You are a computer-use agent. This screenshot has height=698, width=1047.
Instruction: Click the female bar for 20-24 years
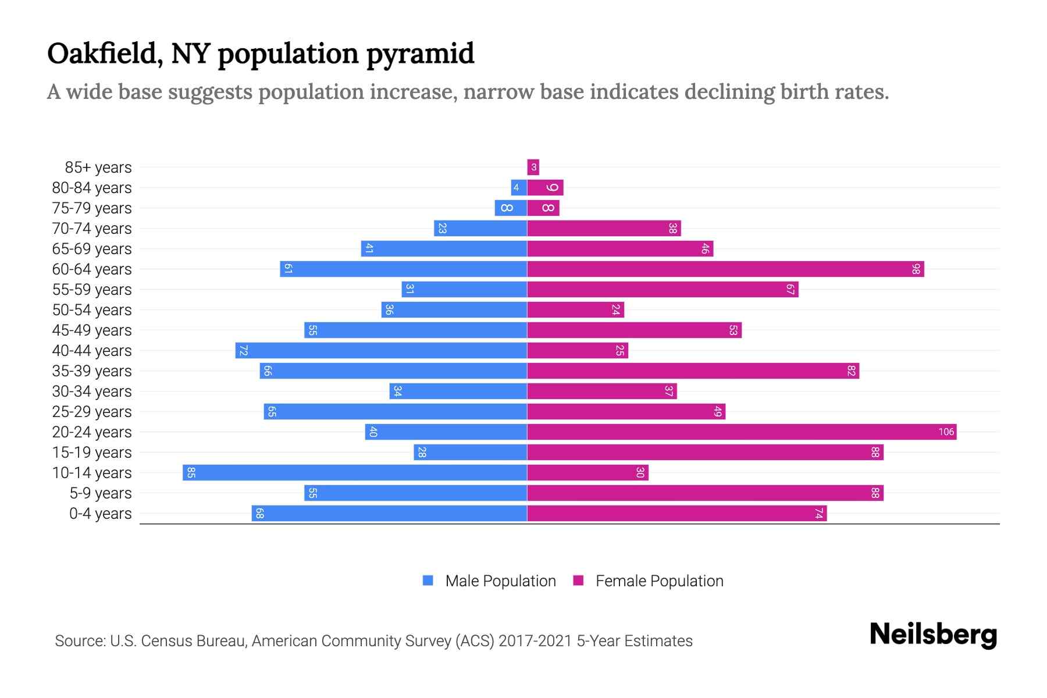pyautogui.click(x=742, y=432)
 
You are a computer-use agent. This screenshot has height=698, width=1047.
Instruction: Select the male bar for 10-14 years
pyautogui.click(x=355, y=472)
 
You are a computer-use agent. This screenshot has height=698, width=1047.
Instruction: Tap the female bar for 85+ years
pyautogui.click(x=533, y=168)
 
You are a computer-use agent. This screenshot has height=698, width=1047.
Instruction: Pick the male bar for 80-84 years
pyautogui.click(x=519, y=188)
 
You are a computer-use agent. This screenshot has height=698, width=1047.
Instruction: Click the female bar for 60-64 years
pyautogui.click(x=725, y=269)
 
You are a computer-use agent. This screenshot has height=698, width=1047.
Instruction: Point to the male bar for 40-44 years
pyautogui.click(x=381, y=351)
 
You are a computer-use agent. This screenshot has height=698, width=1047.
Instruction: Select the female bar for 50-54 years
pyautogui.click(x=575, y=310)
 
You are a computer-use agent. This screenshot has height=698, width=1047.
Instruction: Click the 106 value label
pyautogui.click(x=946, y=432)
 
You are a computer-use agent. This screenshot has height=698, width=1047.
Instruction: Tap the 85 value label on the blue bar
pyautogui.click(x=191, y=472)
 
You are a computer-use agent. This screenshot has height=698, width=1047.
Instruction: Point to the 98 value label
pyautogui.click(x=916, y=269)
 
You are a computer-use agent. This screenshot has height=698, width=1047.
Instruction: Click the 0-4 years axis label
pyautogui.click(x=100, y=514)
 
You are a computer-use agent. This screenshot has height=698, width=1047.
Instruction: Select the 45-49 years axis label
pyautogui.click(x=92, y=330)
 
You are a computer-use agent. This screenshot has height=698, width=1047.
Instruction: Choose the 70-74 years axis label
pyautogui.click(x=92, y=229)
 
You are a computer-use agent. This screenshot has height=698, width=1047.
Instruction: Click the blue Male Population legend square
pyautogui.click(x=428, y=581)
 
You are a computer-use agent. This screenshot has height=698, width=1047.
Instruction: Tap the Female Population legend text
pyautogui.click(x=659, y=581)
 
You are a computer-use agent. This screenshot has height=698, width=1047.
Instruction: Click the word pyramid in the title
pyautogui.click(x=420, y=55)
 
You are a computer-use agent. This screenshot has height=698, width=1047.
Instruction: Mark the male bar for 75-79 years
pyautogui.click(x=511, y=208)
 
